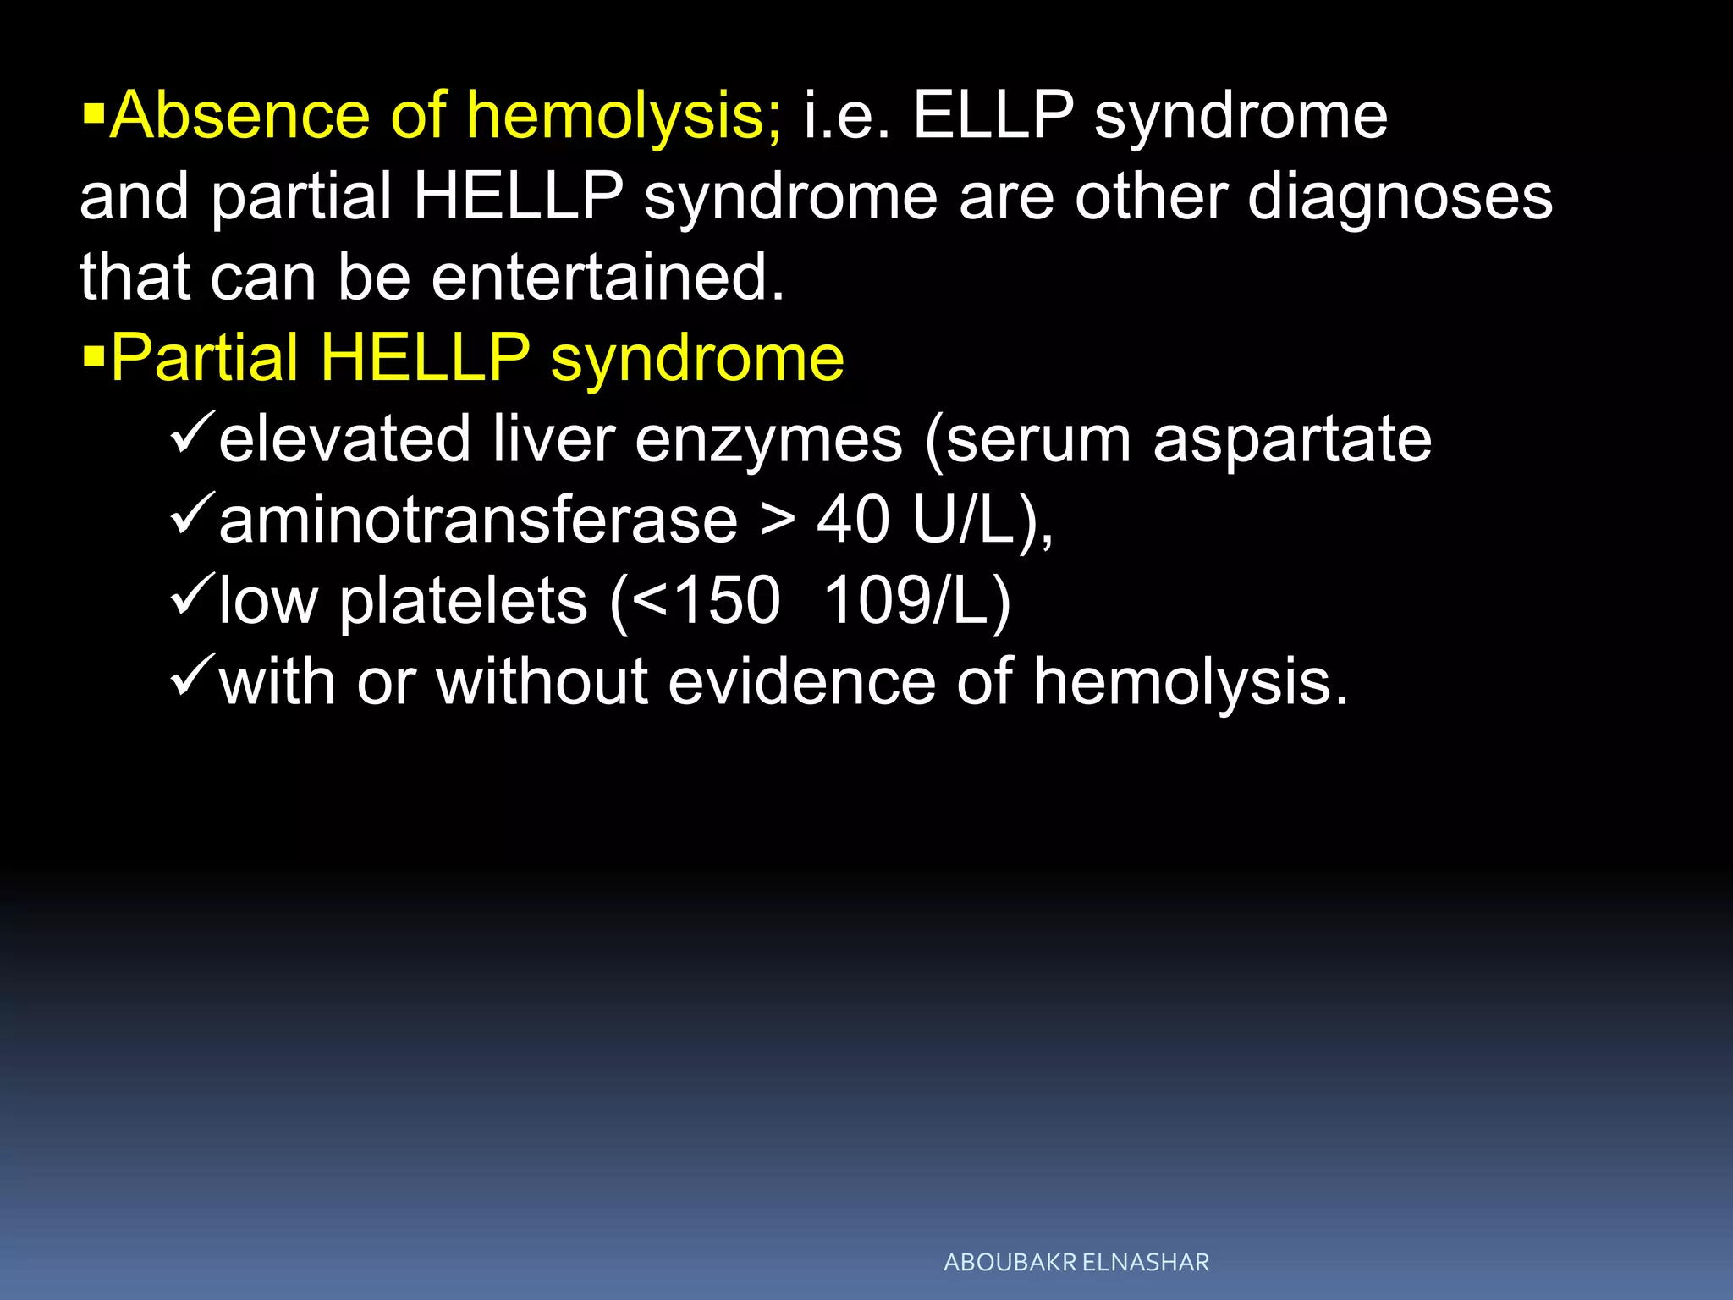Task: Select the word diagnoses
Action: pos(1400,197)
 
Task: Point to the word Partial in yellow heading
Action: pos(205,358)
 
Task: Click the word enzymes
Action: pos(768,440)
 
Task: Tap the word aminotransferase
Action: pos(479,521)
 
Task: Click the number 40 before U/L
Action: pos(852,521)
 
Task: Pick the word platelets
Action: pos(463,602)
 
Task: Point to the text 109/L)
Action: pos(917,602)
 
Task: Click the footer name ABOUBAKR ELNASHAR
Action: pos(1076,1263)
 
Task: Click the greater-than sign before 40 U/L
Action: pos(777,521)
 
